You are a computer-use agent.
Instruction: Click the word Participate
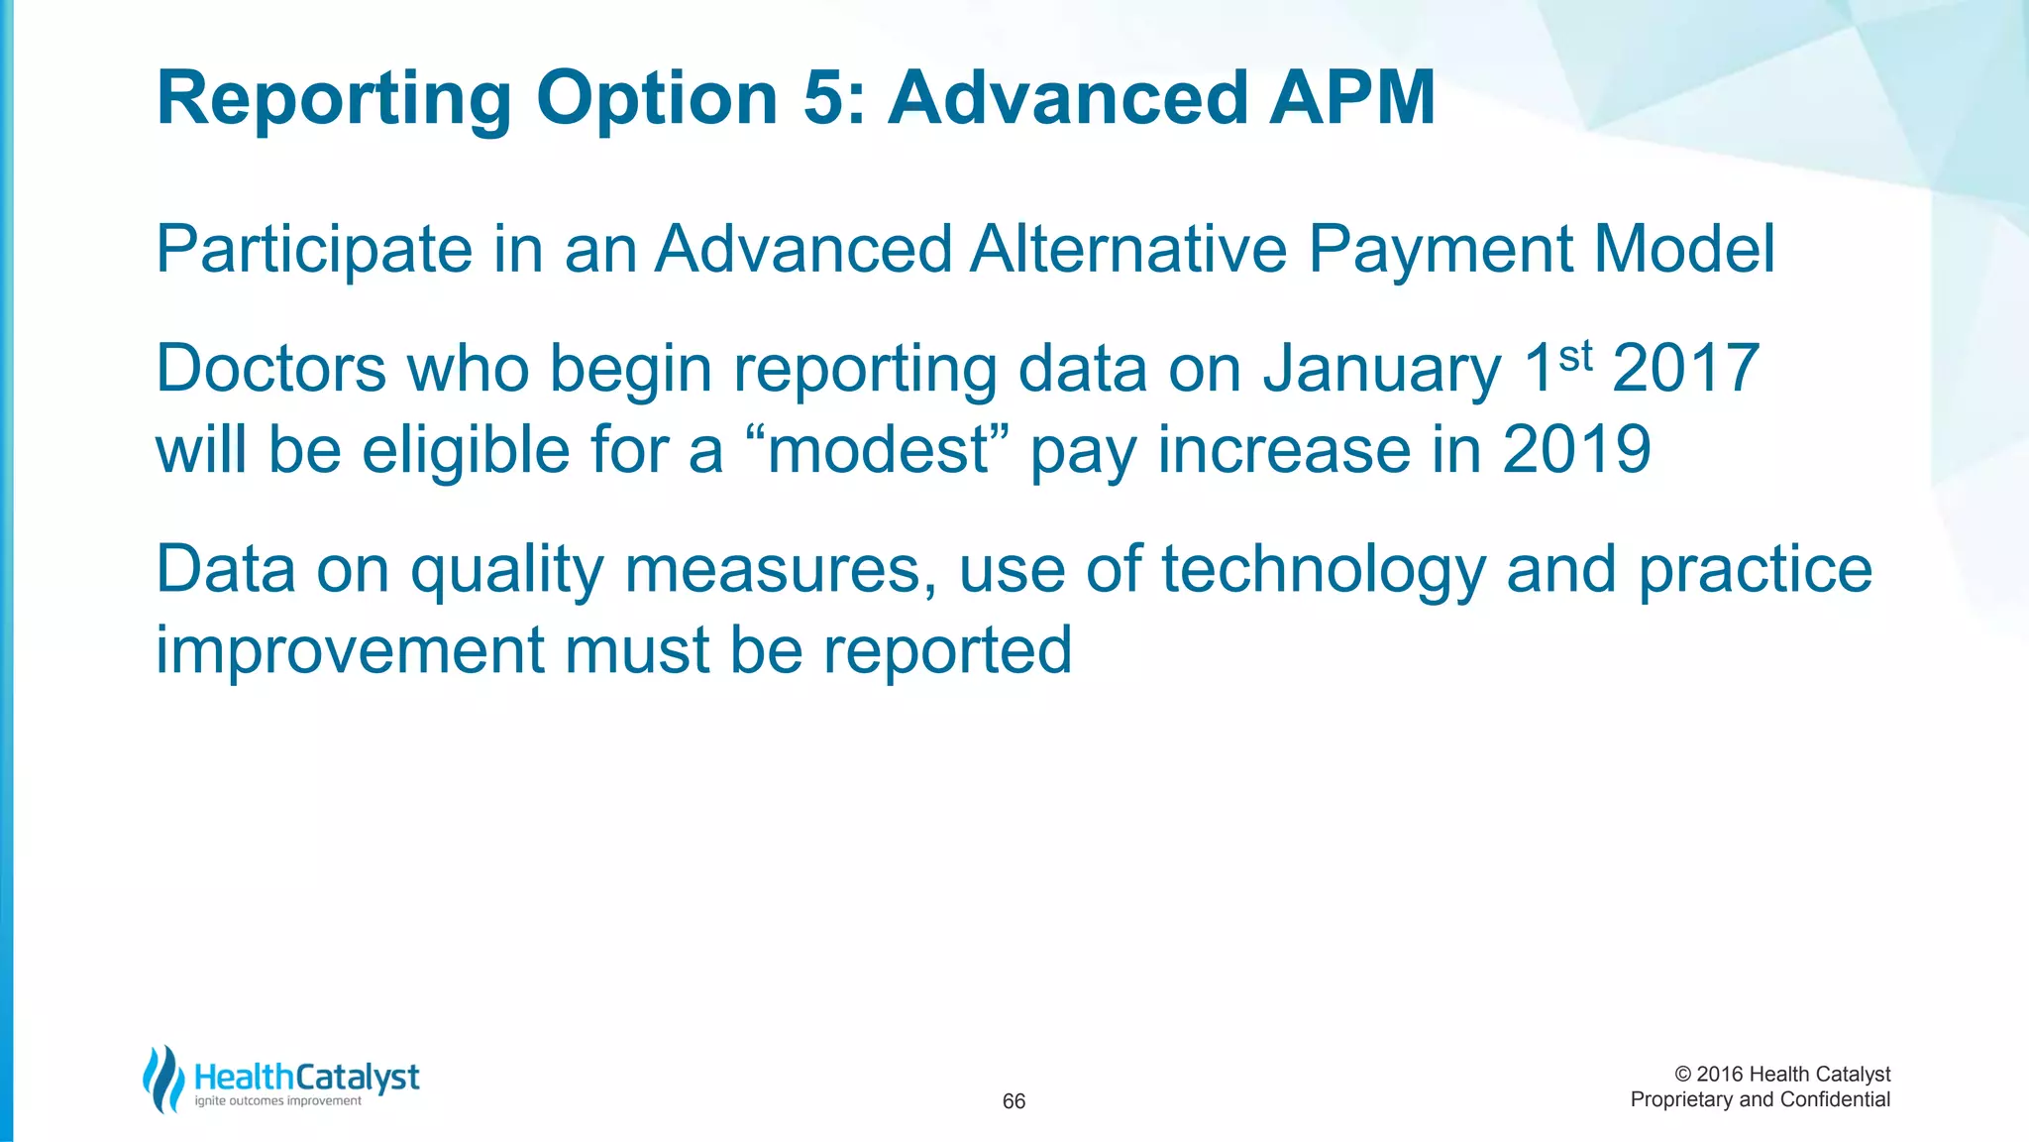point(314,249)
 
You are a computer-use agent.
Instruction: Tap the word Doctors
point(270,369)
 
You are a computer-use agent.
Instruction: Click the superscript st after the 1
point(1575,355)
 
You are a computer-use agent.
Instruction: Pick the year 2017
point(1685,369)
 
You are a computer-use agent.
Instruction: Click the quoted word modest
point(879,451)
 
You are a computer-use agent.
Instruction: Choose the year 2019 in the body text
point(1576,450)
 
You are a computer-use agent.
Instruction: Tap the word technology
point(1324,572)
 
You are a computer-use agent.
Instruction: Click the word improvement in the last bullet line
point(350,651)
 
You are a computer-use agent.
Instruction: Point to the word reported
point(947,652)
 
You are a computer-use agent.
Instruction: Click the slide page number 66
point(1014,1101)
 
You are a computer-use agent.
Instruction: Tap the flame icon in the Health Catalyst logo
point(163,1079)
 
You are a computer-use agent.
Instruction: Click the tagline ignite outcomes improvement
point(278,1101)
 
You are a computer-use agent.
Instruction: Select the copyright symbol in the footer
point(1682,1075)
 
